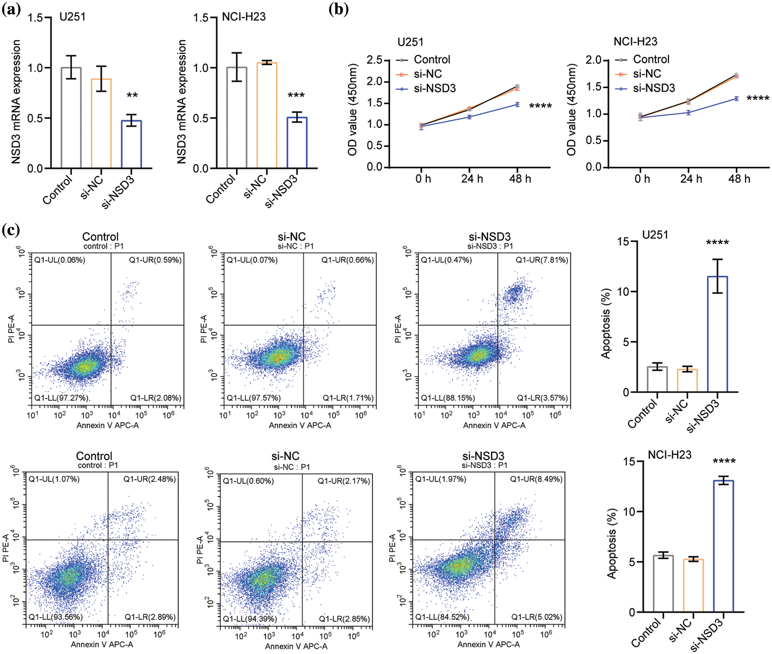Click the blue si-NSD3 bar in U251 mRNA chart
131,144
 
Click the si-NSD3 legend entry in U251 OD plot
434,88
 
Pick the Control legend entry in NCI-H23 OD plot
651,59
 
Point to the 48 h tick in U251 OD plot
520,179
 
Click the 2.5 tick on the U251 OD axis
374,60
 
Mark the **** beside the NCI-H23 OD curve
758,98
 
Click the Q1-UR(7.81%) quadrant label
542,260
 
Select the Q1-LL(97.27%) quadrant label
61,398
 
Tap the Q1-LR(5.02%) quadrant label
537,617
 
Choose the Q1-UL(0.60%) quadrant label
248,481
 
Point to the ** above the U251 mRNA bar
132,96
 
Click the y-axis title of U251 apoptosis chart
606,323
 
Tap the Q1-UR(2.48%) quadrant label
150,479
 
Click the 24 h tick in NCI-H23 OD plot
691,179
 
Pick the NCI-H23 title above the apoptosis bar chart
669,455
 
